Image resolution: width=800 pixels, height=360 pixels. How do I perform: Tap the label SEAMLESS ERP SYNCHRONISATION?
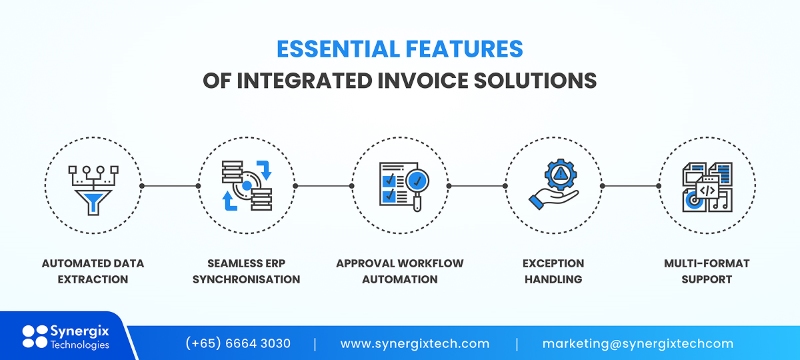[x=243, y=271]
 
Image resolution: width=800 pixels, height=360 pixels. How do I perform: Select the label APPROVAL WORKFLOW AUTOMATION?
[x=400, y=271]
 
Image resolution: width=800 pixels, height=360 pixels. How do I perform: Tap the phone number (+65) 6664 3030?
[x=237, y=343]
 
